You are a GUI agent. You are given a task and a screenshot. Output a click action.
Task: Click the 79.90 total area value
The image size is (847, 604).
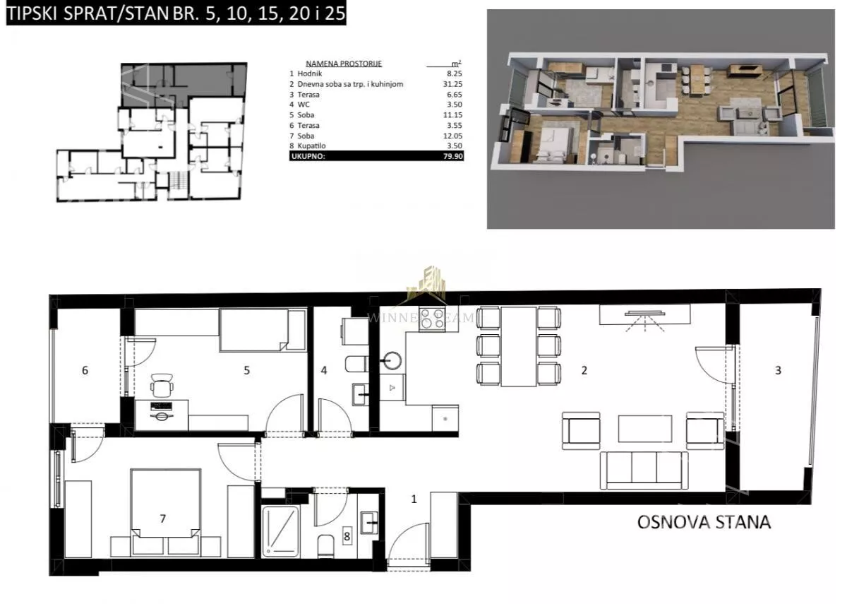[453, 156]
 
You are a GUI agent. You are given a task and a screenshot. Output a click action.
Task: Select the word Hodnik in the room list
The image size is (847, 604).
[310, 73]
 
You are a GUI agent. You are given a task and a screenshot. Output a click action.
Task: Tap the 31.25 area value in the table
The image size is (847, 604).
[452, 84]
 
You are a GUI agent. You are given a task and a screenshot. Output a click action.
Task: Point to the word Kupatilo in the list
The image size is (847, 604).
[311, 146]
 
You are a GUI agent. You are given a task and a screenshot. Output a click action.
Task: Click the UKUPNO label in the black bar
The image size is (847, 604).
[308, 156]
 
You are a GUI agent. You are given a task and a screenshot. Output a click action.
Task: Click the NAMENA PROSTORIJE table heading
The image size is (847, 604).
[344, 64]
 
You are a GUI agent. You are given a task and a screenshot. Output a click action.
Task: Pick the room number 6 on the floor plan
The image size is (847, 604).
[85, 370]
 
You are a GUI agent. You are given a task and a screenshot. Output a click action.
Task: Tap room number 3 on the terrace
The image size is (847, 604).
[778, 370]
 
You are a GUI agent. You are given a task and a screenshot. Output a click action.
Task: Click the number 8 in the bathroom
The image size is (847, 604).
[347, 536]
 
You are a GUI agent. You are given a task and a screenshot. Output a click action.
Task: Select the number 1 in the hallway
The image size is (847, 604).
[414, 499]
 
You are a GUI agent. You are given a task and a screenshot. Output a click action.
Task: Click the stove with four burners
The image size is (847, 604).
[432, 320]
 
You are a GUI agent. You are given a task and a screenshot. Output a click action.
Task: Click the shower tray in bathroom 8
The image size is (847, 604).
[280, 531]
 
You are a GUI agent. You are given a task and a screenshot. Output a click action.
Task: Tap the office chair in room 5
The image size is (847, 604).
[162, 386]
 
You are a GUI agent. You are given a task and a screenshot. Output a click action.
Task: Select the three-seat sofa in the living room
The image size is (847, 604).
[644, 470]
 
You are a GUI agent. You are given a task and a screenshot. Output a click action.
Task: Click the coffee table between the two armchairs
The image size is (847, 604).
[645, 429]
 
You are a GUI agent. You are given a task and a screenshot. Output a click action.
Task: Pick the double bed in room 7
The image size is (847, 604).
[166, 513]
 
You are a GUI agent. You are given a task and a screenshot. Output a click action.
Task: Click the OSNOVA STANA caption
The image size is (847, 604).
[704, 522]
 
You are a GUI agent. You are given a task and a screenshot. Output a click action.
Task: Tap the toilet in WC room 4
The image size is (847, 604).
[356, 364]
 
